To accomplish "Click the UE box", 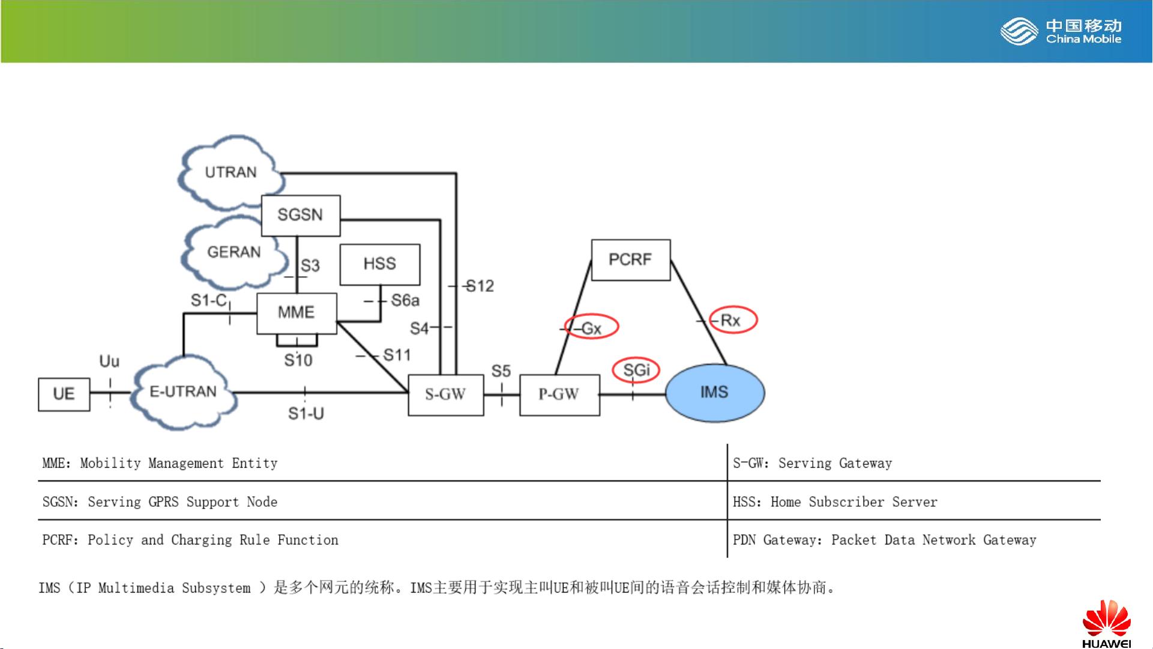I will click(64, 394).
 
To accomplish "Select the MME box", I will click(297, 313).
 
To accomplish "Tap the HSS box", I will click(380, 264).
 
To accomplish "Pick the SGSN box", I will click(300, 215).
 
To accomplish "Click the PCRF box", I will click(630, 260).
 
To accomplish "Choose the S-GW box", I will click(445, 394).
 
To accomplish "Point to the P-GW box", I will click(559, 394).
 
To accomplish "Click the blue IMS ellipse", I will click(714, 393).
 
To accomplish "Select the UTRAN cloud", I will click(230, 172).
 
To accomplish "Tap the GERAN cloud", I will click(233, 252).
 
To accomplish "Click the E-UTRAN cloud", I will click(182, 392).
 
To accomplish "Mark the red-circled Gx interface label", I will click(592, 327).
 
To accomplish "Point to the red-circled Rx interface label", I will click(733, 320).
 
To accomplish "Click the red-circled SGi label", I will click(636, 370).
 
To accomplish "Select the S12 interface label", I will click(480, 286).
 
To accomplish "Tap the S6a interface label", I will click(405, 300).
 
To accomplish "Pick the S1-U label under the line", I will click(306, 414).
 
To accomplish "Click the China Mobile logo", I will click(1061, 32).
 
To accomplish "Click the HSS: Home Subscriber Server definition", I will click(835, 502).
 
